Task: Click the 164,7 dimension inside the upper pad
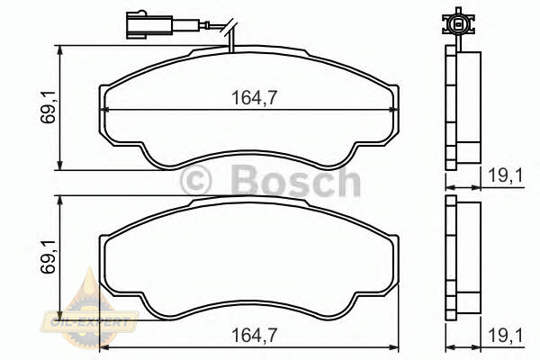[x=254, y=97]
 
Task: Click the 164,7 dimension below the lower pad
[x=254, y=335]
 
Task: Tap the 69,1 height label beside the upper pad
[x=48, y=107]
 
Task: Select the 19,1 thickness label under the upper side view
[x=506, y=175]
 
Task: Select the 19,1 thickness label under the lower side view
[x=506, y=335]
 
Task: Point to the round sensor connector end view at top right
[x=458, y=23]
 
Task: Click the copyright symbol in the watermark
[x=195, y=181]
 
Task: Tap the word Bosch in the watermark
[x=296, y=181]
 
